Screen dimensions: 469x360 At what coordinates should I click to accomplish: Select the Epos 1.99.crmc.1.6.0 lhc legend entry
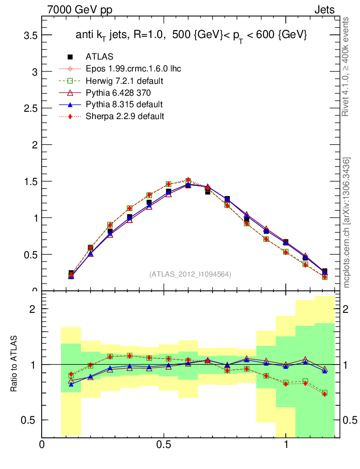[133, 69]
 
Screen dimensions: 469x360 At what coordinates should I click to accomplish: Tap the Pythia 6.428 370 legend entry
[120, 93]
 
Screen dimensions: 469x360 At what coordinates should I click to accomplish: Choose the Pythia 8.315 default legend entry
[124, 104]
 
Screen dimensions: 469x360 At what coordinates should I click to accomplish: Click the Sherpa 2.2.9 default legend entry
[125, 116]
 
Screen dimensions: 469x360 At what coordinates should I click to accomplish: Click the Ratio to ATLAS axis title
[15, 364]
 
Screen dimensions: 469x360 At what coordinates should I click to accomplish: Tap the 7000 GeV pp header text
[80, 10]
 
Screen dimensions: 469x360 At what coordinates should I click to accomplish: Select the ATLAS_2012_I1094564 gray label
[190, 274]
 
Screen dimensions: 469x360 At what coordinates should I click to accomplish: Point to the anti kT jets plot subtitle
[191, 35]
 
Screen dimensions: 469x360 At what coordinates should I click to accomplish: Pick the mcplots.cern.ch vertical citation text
[347, 222]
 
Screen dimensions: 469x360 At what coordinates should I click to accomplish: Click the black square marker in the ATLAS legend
[71, 57]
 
